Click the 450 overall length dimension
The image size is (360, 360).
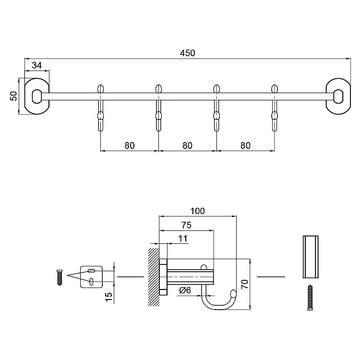coord(187,53)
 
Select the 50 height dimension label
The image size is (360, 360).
coord(14,96)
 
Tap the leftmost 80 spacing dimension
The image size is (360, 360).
coord(129,145)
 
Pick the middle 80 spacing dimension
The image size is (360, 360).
coord(187,145)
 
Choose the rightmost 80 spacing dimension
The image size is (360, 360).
coord(245,145)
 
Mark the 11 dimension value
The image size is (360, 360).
coord(182,239)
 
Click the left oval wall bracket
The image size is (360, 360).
coord(36,96)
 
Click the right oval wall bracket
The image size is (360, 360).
coord(338,96)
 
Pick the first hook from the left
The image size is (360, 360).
coord(100,108)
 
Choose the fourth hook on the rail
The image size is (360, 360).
coord(275,108)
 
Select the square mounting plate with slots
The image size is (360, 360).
coord(92,276)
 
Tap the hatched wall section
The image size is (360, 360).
coord(154,277)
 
